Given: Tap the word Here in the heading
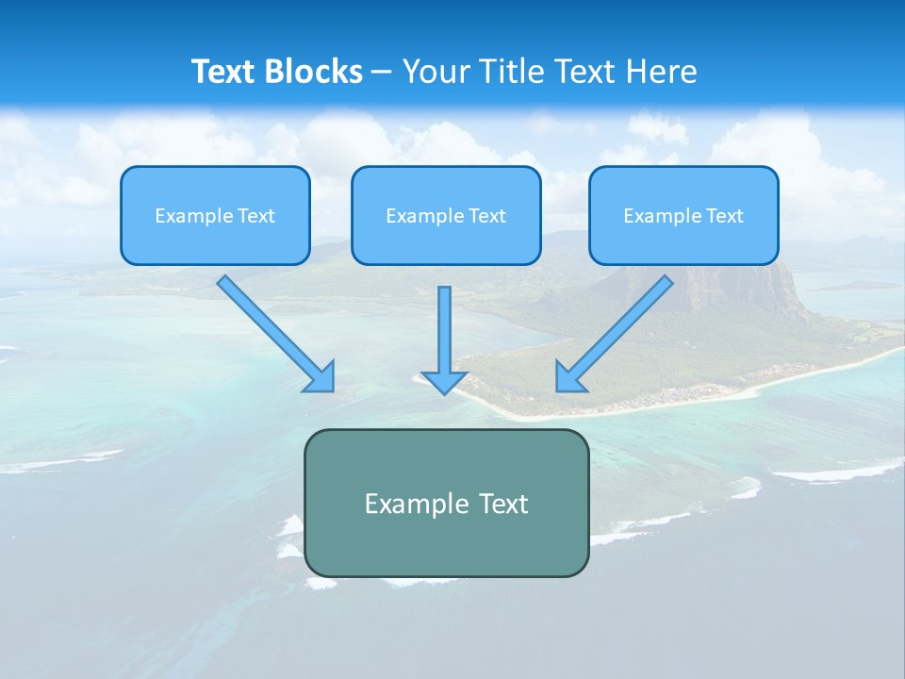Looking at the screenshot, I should pyautogui.click(x=663, y=72).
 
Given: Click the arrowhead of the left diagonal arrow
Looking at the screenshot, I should pyautogui.click(x=321, y=377).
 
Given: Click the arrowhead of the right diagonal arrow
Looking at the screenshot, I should pyautogui.click(x=568, y=377).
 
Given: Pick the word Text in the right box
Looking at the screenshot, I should pyautogui.click(x=725, y=216).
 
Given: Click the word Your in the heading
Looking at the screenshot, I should pyautogui.click(x=435, y=72).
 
